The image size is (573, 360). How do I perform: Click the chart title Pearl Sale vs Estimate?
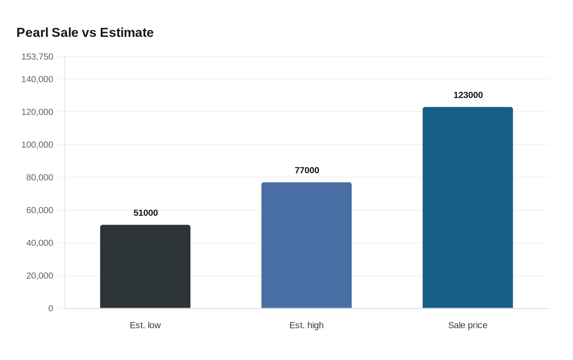85,32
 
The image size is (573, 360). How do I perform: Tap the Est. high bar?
307,245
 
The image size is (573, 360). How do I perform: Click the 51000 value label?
145,213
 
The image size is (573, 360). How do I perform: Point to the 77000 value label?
307,170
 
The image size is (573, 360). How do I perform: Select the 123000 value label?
468,95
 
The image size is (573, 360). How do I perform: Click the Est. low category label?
145,325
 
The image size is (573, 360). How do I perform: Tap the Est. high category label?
307,325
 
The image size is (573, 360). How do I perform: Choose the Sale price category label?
467,325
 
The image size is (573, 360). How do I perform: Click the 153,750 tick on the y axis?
37,56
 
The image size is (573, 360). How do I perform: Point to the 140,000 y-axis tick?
37,79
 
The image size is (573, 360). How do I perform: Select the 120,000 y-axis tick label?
37,112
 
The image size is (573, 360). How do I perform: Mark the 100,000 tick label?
37,144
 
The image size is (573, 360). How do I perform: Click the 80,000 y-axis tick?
40,177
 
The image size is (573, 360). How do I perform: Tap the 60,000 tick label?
40,210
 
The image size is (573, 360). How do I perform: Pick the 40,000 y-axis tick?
40,243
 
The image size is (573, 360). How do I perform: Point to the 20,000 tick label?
40,275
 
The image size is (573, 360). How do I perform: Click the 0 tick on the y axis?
51,308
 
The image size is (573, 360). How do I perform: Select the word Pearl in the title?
32,32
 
